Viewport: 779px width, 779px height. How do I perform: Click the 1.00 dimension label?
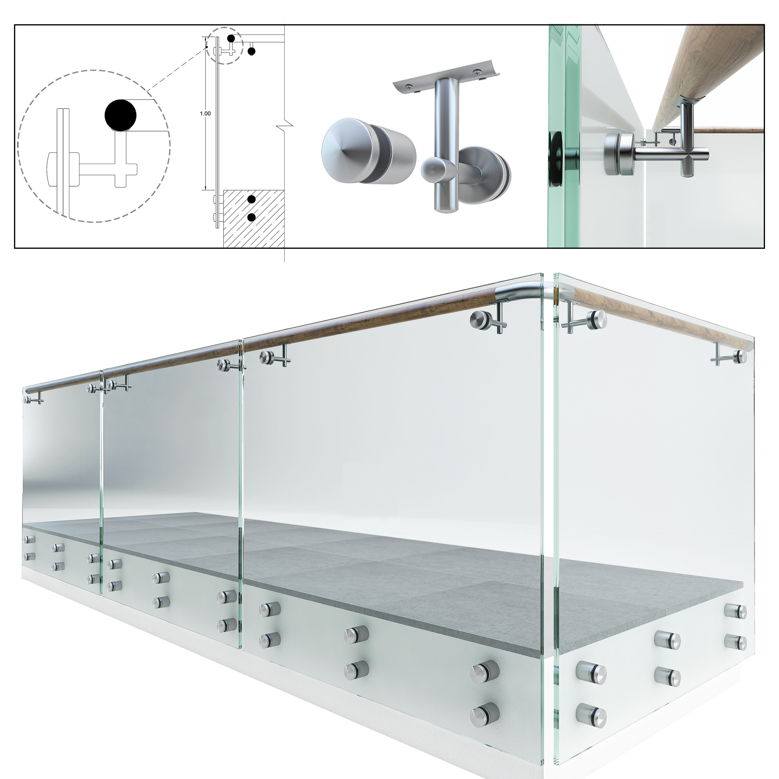point(205,114)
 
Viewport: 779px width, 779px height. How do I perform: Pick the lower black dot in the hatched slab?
point(252,217)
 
